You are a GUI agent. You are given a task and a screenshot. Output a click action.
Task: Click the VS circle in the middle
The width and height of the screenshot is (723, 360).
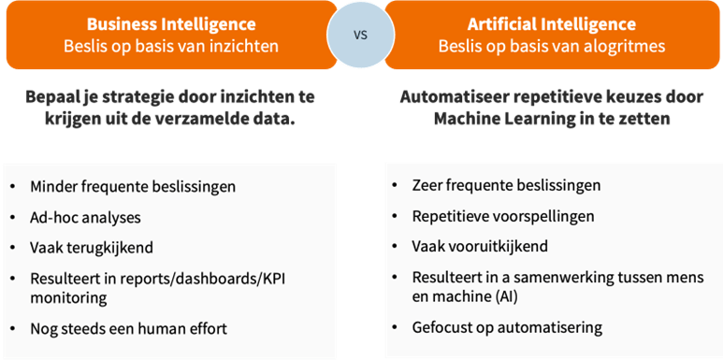coord(360,35)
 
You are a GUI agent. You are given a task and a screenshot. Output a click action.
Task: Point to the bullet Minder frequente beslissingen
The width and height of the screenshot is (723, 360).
coord(132,185)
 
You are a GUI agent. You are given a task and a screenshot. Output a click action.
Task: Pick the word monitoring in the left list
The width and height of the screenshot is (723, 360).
coord(68,297)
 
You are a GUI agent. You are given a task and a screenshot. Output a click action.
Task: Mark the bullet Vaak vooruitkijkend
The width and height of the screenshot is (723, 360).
coord(480,247)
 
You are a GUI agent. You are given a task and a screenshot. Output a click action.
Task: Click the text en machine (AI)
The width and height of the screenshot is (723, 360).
coord(466,296)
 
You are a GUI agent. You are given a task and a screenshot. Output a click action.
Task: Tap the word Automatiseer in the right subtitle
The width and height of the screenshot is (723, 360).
coord(451,97)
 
